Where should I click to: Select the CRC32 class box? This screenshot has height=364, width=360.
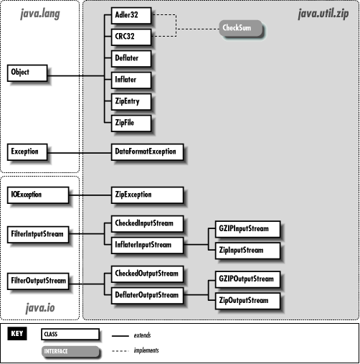[x=131, y=35]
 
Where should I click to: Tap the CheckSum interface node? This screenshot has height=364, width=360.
[x=240, y=29]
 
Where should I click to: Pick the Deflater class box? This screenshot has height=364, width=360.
[x=131, y=57]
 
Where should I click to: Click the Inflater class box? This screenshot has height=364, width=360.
[x=131, y=79]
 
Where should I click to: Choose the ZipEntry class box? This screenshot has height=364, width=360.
[x=131, y=101]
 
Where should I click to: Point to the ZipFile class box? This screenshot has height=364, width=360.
[x=131, y=123]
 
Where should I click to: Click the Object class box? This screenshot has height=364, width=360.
[x=27, y=72]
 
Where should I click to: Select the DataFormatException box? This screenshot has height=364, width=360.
[x=146, y=151]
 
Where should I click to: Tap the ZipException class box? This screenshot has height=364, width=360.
[x=146, y=194]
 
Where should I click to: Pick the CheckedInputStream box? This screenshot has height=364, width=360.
[x=146, y=223]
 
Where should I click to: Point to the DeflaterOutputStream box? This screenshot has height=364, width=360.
[x=146, y=294]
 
